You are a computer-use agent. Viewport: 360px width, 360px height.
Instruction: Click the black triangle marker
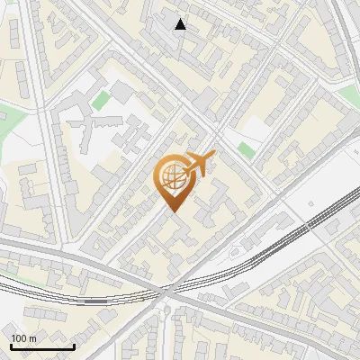(x=181, y=24)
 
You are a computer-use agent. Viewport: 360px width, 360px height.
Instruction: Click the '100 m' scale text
(x=23, y=338)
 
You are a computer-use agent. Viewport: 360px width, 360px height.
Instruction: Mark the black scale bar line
(x=42, y=346)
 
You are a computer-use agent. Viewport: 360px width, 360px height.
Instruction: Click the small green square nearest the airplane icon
(x=246, y=149)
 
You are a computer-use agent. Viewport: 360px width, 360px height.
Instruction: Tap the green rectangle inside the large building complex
(x=102, y=99)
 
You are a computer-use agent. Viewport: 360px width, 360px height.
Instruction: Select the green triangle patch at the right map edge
(x=349, y=94)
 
